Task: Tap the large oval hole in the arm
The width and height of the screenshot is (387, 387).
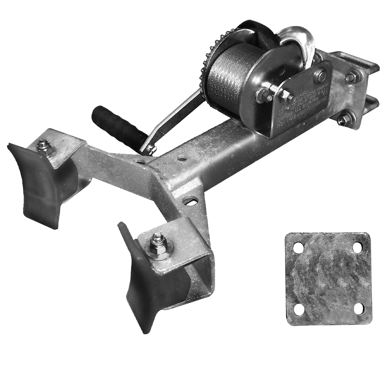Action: click(x=190, y=200)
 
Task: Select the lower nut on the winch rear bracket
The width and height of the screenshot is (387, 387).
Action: click(x=343, y=119)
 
